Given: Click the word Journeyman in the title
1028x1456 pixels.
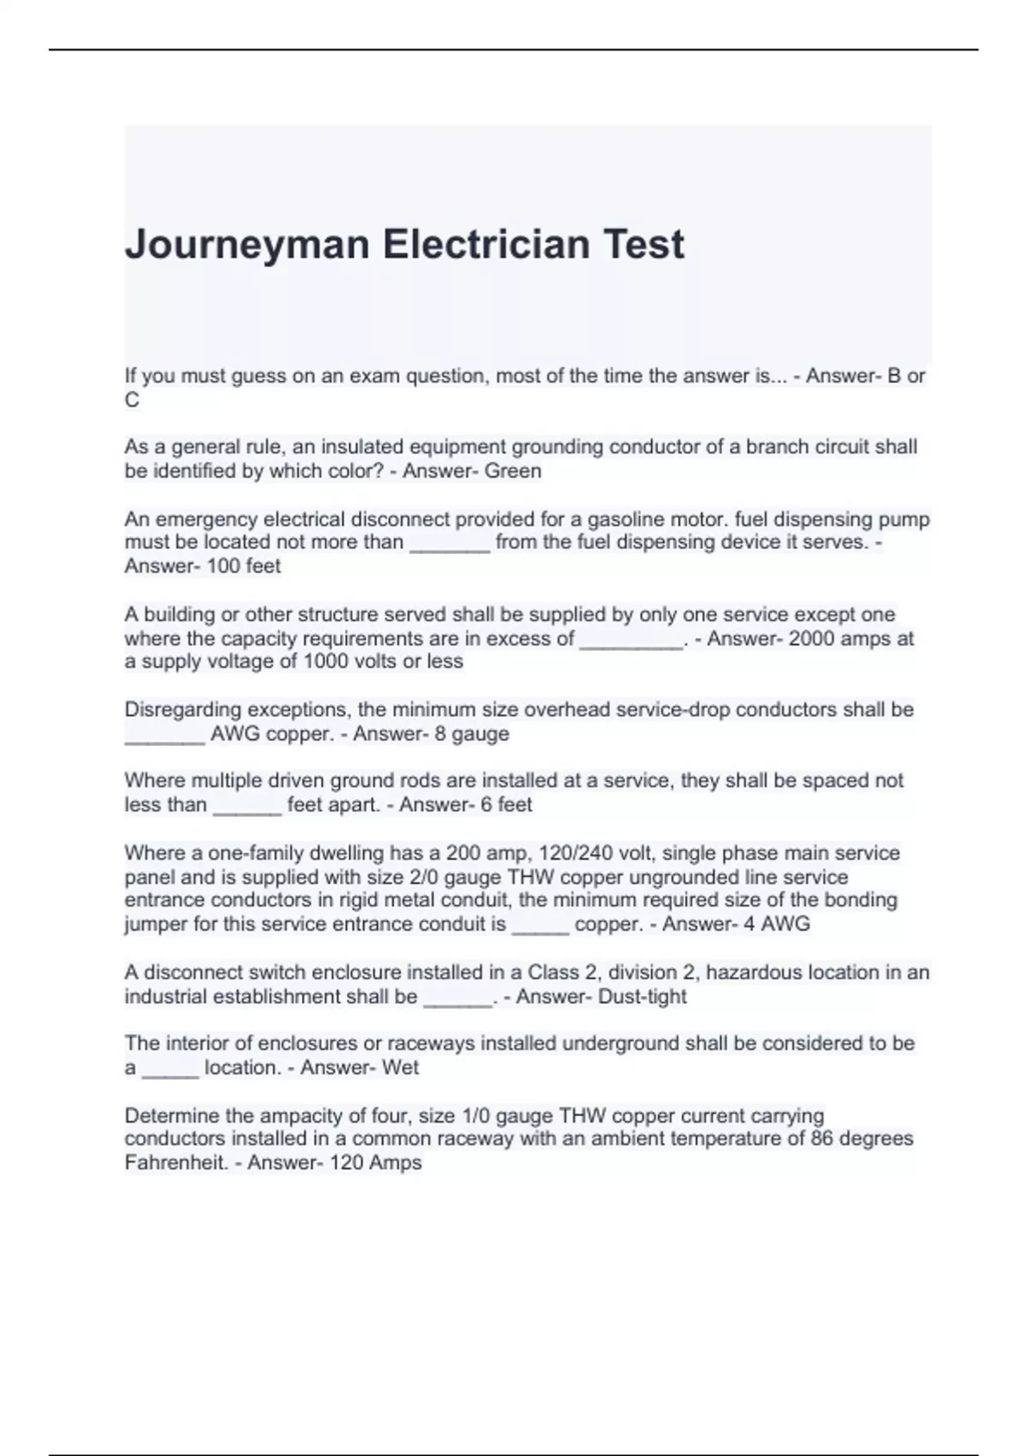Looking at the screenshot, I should pyautogui.click(x=247, y=245).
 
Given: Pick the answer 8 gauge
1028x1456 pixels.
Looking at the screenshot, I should pyautogui.click(x=472, y=733).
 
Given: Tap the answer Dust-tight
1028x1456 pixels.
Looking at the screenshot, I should pyautogui.click(x=642, y=996).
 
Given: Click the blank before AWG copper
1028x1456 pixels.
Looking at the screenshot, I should pyautogui.click(x=164, y=735).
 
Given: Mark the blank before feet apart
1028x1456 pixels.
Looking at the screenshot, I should pyautogui.click(x=247, y=806).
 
